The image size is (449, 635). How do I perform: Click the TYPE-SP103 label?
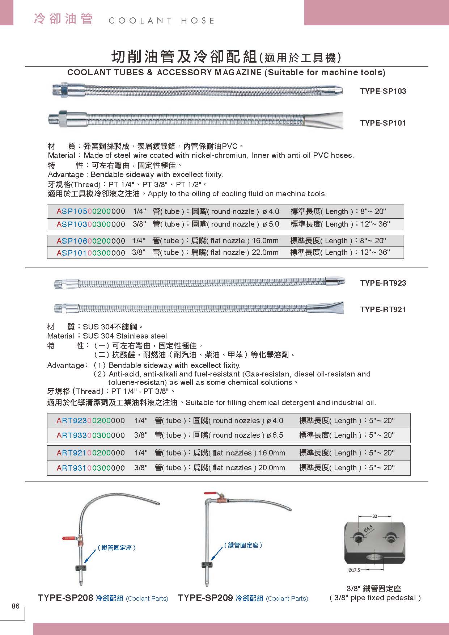pos(383,91)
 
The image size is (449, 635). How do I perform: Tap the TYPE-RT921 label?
pos(383,310)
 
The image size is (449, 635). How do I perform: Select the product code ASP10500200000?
pos(91,211)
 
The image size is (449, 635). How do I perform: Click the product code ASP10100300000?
pos(91,253)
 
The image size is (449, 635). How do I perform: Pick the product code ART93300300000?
pos(91,435)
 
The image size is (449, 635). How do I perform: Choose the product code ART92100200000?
pos(91,453)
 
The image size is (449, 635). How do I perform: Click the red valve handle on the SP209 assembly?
pos(209,493)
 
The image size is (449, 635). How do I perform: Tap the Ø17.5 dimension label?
pos(354,570)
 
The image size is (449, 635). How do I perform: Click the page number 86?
pos(16,606)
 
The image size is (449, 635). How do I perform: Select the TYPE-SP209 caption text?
pos(205,598)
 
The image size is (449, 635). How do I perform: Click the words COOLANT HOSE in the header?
pos(161,21)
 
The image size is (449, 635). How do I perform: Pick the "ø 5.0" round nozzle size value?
pos(271,224)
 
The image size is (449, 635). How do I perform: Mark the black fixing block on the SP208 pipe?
pos(80,567)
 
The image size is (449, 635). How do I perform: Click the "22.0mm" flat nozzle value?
pos(265,252)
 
